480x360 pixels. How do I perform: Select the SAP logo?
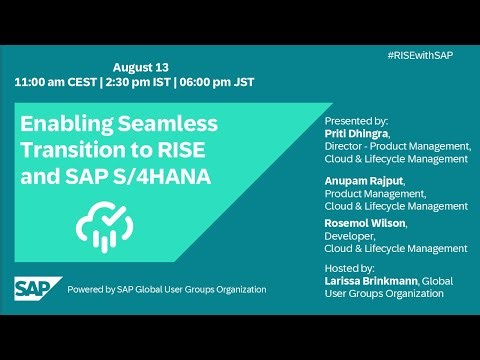click(37, 289)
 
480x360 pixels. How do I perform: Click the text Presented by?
click(358, 120)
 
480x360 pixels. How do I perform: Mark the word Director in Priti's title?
click(347, 146)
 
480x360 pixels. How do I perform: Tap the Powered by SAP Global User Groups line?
click(166, 289)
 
